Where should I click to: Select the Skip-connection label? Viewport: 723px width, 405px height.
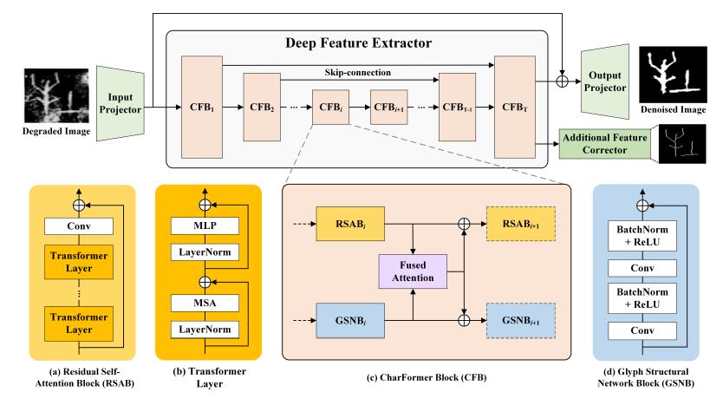click(360, 75)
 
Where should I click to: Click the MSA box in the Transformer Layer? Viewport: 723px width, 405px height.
click(205, 304)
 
